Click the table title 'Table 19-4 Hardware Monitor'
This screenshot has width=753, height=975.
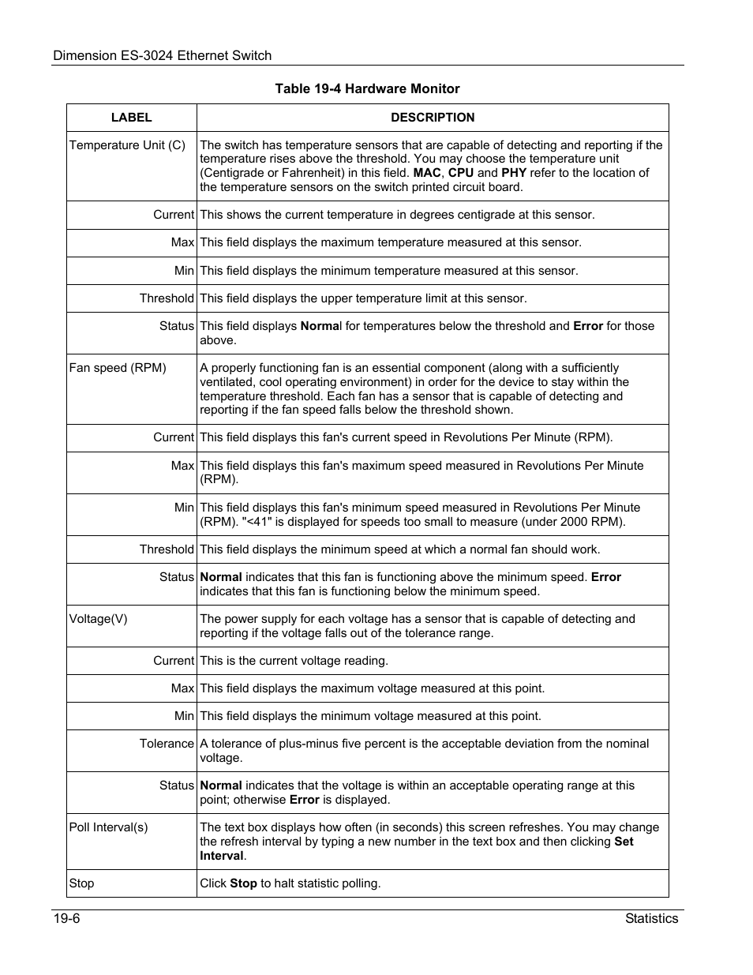(x=367, y=88)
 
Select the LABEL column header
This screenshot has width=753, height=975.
(x=131, y=118)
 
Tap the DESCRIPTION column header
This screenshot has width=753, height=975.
(x=433, y=118)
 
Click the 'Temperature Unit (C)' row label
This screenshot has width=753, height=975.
(x=127, y=145)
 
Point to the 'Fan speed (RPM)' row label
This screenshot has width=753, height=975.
(x=118, y=368)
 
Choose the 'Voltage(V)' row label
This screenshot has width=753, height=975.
(x=98, y=619)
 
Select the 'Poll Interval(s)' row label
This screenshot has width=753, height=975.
(x=108, y=827)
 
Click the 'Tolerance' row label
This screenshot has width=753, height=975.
(x=167, y=744)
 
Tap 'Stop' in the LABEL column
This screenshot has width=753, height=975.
(x=81, y=883)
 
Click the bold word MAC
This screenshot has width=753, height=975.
(x=427, y=173)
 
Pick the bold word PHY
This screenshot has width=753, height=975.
(x=514, y=173)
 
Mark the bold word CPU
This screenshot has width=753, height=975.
(x=461, y=173)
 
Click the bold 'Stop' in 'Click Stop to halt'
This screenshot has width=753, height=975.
(x=243, y=883)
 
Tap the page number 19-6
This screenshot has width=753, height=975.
(x=67, y=919)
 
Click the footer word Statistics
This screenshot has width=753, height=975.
(x=651, y=919)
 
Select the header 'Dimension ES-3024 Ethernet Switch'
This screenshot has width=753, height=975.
(x=162, y=55)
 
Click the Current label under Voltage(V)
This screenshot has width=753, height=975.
(x=173, y=661)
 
